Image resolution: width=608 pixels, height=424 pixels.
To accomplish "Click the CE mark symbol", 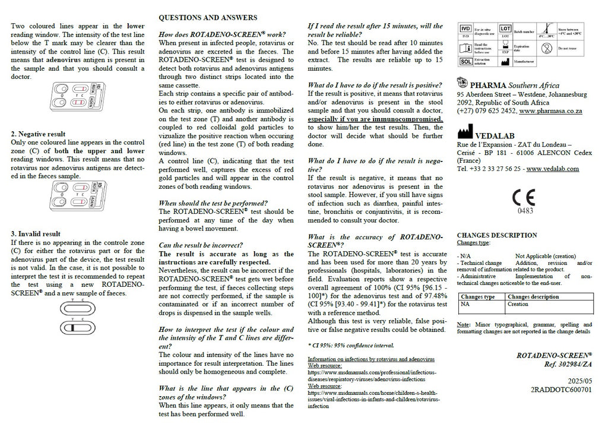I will (524, 197).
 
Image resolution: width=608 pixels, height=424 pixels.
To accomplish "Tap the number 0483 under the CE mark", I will (525, 210).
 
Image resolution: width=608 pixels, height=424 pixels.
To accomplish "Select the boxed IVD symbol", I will (466, 29).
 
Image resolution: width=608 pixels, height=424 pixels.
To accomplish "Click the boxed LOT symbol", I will (505, 29).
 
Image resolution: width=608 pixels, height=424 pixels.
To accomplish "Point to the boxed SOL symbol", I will (467, 61).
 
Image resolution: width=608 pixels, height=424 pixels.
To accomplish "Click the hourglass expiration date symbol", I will (505, 45).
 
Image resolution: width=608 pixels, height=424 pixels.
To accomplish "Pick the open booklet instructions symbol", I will (466, 46).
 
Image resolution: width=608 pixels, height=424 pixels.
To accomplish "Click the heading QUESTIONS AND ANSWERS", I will (208, 18).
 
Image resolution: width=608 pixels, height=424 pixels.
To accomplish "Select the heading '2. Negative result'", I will (39, 134).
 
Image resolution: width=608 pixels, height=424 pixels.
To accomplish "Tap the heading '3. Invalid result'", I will (36, 234).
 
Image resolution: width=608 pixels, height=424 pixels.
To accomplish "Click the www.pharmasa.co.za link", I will (550, 111).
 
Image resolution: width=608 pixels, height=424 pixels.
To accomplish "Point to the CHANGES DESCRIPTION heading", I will (496, 235).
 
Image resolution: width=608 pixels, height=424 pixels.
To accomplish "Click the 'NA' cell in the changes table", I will (465, 304).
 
